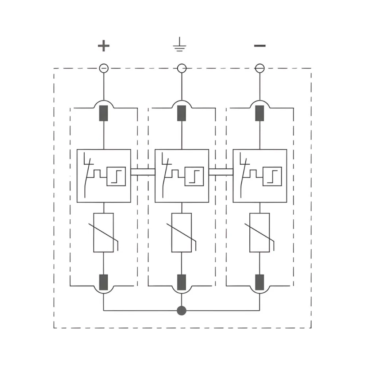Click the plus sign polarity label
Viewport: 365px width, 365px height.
coord(104,46)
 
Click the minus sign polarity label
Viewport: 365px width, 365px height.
coord(260,46)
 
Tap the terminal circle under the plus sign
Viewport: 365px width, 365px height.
coord(104,68)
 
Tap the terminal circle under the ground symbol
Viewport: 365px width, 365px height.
coord(182,68)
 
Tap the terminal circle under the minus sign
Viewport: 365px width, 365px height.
coord(260,68)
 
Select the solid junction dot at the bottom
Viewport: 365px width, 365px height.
coord(181,311)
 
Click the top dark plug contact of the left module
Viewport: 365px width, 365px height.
coord(104,113)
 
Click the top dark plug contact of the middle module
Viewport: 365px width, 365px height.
coord(182,113)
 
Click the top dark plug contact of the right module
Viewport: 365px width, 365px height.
coord(260,113)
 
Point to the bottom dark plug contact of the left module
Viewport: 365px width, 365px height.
coord(104,281)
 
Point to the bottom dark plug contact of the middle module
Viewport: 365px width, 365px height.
coord(182,281)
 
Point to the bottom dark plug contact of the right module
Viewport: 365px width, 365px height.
coord(260,281)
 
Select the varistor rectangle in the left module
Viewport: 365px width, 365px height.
coord(104,233)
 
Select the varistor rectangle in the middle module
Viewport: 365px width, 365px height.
coord(182,233)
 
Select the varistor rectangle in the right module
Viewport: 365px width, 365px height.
coord(260,233)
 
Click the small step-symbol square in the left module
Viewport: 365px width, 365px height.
coord(116,176)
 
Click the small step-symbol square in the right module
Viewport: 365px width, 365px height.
coord(272,176)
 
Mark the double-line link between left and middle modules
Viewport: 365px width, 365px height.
coord(143,172)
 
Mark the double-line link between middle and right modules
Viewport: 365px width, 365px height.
coord(221,172)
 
